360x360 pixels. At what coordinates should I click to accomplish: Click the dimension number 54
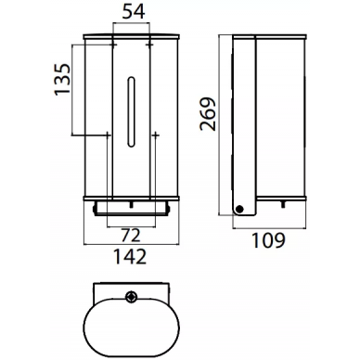(x=134, y=12)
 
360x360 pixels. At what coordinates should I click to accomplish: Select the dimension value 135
(x=62, y=79)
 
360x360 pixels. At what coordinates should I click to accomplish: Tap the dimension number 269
(x=208, y=114)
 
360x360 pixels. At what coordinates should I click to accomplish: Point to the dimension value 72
(x=131, y=236)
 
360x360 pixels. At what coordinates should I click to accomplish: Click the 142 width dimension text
(x=130, y=257)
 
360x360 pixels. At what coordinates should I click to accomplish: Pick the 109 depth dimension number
(x=268, y=240)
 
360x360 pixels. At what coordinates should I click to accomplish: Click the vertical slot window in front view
(x=131, y=111)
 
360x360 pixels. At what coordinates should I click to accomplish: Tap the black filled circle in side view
(x=239, y=209)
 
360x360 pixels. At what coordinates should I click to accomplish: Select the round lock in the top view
(x=131, y=296)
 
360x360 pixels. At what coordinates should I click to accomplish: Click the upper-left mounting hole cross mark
(x=113, y=45)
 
